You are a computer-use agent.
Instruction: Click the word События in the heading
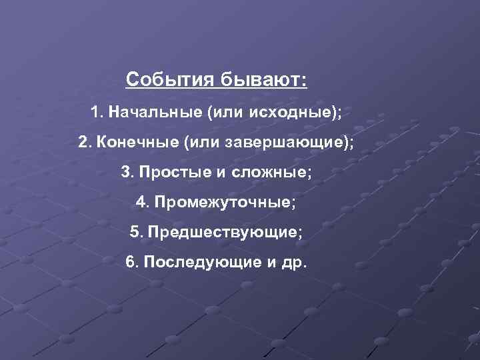click(167, 80)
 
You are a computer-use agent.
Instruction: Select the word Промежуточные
click(223, 201)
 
